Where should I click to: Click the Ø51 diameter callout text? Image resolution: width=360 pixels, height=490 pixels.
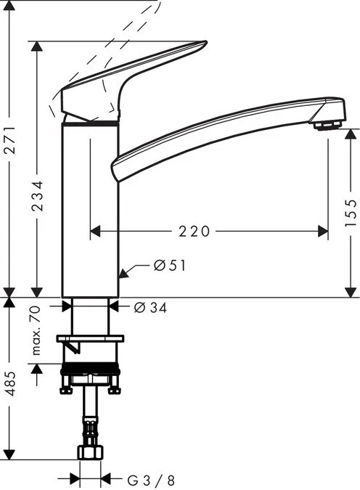170,266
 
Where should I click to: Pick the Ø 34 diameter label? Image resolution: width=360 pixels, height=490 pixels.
151,308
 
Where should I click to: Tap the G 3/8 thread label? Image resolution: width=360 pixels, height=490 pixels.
151,479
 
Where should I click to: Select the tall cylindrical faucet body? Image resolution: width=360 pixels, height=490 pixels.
89,211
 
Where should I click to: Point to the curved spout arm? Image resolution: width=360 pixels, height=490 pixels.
218,131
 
